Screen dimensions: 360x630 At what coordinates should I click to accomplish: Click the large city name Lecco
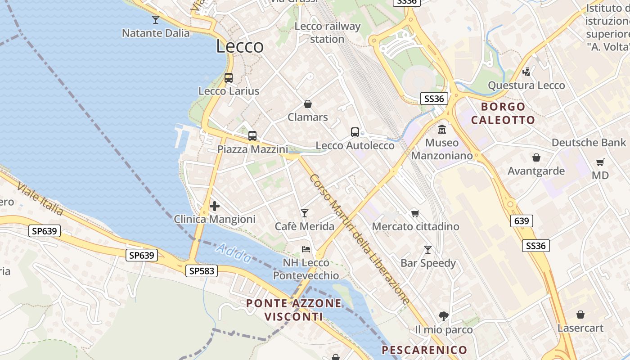pyautogui.click(x=240, y=46)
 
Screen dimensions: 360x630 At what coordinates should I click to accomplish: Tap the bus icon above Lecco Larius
pyautogui.click(x=229, y=77)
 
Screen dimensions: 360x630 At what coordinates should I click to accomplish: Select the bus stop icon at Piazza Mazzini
pyautogui.click(x=252, y=135)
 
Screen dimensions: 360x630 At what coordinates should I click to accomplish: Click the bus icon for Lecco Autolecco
pyautogui.click(x=355, y=132)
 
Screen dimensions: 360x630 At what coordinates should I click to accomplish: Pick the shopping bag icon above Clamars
pyautogui.click(x=308, y=104)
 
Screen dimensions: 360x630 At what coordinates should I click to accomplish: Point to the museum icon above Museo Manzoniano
pyautogui.click(x=442, y=129)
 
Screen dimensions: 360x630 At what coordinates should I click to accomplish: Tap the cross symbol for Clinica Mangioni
pyautogui.click(x=215, y=206)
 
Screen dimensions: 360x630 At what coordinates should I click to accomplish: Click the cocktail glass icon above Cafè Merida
pyautogui.click(x=305, y=213)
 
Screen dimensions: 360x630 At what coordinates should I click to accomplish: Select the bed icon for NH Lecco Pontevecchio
pyautogui.click(x=306, y=249)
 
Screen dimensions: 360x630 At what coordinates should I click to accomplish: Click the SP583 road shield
pyautogui.click(x=201, y=270)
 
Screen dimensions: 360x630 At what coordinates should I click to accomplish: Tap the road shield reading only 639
pyautogui.click(x=522, y=221)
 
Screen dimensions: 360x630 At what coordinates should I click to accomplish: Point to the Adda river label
pyautogui.click(x=234, y=253)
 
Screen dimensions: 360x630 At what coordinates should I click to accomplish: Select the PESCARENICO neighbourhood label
pyautogui.click(x=424, y=350)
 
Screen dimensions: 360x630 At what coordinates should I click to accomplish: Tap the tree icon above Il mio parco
pyautogui.click(x=444, y=316)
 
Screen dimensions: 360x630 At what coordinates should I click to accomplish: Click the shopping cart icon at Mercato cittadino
pyautogui.click(x=415, y=213)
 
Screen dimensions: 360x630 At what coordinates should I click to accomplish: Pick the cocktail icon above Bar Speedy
pyautogui.click(x=428, y=249)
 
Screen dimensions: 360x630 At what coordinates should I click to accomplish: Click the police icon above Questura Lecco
pyautogui.click(x=526, y=72)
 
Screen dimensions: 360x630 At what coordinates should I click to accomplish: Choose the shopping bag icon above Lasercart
pyautogui.click(x=580, y=315)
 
